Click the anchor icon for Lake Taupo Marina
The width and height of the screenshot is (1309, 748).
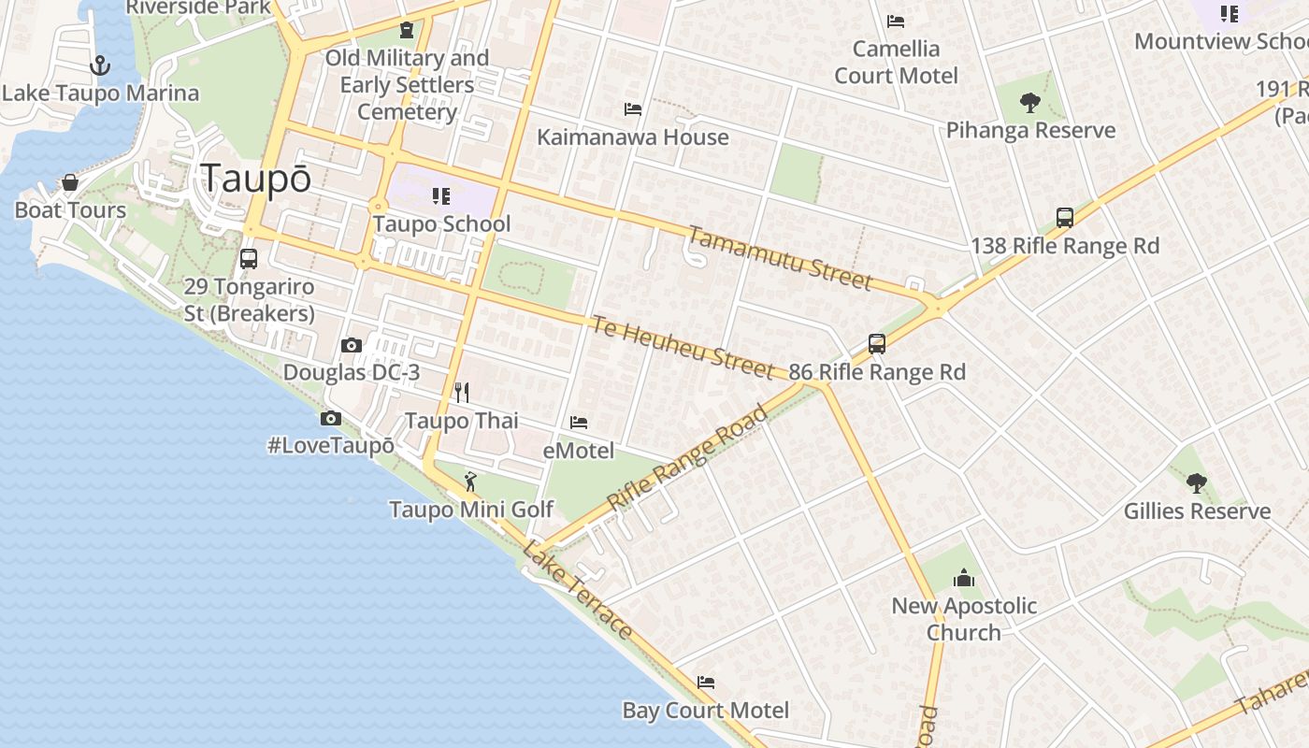coord(99,65)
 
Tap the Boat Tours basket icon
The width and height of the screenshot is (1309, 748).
coord(70,181)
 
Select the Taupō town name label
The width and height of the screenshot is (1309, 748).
coord(256,179)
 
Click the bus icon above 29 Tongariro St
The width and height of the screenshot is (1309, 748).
coord(249,258)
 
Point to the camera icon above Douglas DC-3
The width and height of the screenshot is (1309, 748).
coord(352,345)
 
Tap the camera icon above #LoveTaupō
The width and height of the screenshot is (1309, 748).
coord(330,418)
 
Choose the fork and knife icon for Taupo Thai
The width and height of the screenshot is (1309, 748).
coord(461,392)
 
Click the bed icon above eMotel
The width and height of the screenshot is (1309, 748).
coord(579,423)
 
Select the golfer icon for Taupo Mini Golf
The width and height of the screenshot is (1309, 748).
coord(470,482)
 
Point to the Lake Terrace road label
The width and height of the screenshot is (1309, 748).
coord(578,589)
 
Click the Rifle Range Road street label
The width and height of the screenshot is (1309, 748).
coord(687,458)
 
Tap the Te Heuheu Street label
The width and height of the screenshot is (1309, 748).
coord(682,347)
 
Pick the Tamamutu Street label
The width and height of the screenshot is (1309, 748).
coord(779,258)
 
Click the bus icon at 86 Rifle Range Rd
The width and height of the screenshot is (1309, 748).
coord(877,343)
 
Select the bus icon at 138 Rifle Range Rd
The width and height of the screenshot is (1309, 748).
coord(1064,218)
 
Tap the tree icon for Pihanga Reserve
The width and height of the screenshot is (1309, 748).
coord(1030,103)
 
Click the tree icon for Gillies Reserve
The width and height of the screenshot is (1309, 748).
coord(1196,483)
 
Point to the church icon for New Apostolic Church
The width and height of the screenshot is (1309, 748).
coord(964,579)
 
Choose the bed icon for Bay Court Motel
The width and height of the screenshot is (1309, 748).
coord(706,683)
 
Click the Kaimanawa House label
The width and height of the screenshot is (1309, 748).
coord(632,137)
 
